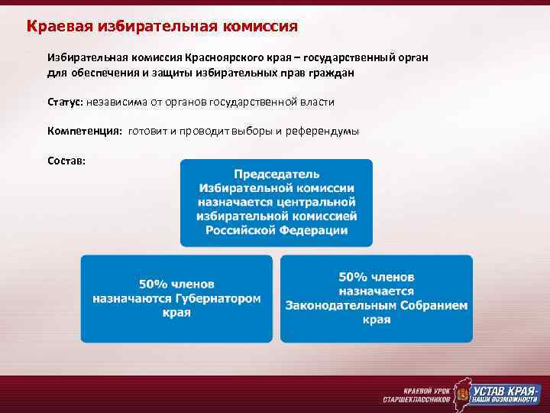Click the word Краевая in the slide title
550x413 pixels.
[59, 27]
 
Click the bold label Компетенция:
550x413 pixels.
[84, 131]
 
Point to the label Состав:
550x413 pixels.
[66, 161]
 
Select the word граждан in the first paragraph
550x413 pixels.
[330, 73]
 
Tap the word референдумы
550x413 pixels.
[322, 131]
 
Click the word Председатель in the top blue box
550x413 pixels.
[277, 174]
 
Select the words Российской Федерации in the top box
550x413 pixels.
[277, 230]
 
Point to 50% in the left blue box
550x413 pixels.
[152, 284]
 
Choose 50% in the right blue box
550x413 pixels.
[352, 276]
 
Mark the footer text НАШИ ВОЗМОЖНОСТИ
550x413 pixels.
[505, 400]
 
